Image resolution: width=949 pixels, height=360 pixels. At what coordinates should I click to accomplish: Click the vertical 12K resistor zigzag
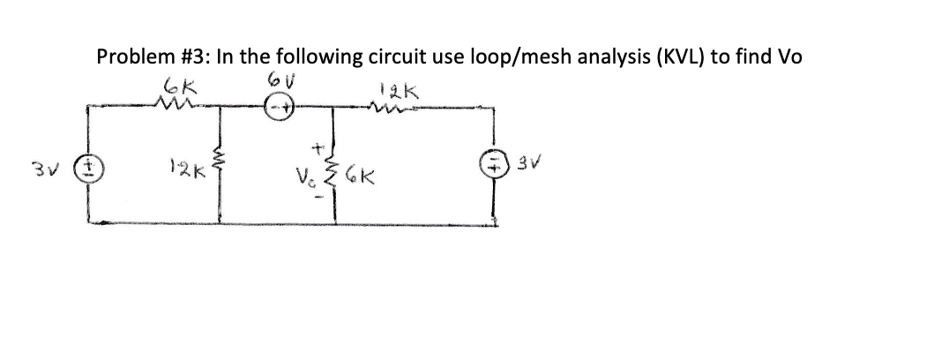(218, 164)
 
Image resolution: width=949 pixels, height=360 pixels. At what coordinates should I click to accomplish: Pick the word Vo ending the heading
(787, 57)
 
